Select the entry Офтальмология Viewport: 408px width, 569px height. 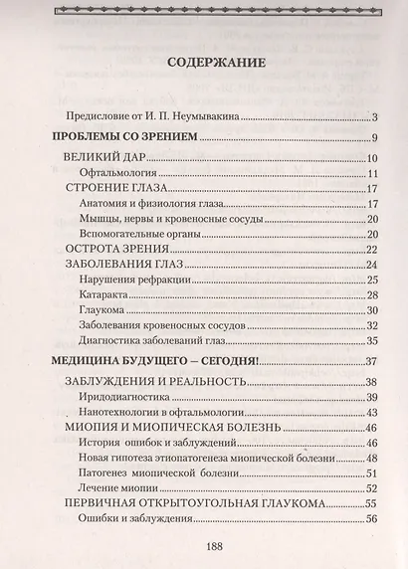[121, 174]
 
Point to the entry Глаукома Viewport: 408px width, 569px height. [101, 310]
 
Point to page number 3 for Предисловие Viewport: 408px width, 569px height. [370, 117]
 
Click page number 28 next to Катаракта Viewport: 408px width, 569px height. [372, 295]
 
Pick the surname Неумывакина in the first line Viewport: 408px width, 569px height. [198, 115]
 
